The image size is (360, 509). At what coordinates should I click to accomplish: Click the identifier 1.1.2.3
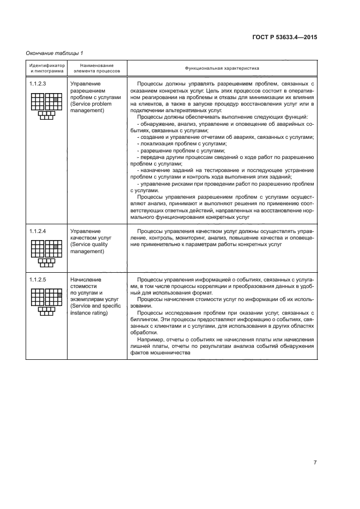(x=38, y=84)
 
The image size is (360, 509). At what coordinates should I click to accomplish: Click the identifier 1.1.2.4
(x=38, y=231)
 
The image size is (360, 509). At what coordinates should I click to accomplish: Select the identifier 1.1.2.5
(x=38, y=280)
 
